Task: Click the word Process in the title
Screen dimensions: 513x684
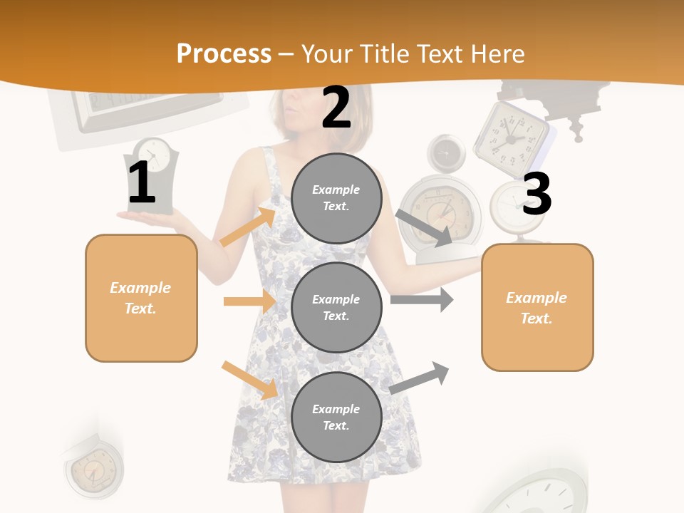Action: [x=224, y=54]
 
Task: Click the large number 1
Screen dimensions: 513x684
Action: [x=142, y=182]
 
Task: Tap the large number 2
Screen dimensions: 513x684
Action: [x=336, y=108]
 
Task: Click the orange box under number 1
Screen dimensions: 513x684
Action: [x=141, y=298]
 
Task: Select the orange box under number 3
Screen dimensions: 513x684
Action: [x=537, y=307]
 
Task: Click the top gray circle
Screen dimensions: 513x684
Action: [x=336, y=198]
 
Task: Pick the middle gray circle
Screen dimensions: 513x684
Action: [x=336, y=307]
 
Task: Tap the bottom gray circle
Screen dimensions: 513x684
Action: [x=336, y=417]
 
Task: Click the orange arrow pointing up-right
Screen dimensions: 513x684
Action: [x=248, y=227]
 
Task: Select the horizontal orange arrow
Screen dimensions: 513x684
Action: [x=249, y=301]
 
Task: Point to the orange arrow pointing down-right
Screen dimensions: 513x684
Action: [x=249, y=379]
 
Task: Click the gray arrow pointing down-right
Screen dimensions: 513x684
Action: [x=425, y=227]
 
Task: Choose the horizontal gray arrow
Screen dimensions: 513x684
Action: [x=421, y=299]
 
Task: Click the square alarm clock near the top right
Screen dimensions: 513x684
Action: [x=512, y=133]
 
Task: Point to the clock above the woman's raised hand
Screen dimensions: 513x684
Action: [x=153, y=175]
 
